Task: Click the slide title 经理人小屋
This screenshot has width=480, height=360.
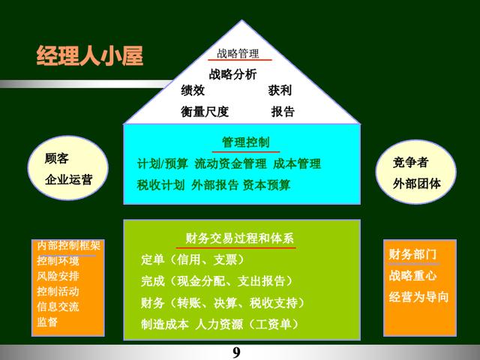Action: point(90,56)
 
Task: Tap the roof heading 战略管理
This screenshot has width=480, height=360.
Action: point(238,53)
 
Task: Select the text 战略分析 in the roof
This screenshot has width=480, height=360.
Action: point(232,74)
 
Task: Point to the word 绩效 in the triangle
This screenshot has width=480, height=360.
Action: point(193,90)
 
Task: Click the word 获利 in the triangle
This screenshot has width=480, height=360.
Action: point(280,90)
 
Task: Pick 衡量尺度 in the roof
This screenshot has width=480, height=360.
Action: point(205,112)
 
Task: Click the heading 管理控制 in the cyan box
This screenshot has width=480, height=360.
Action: point(246,142)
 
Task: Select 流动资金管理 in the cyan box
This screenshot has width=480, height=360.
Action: point(230,163)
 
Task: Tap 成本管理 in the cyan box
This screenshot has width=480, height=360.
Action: point(297,163)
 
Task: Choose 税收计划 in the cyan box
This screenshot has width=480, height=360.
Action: point(161,185)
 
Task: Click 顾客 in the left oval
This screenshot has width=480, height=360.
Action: point(57,158)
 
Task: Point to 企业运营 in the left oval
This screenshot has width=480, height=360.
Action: point(68,180)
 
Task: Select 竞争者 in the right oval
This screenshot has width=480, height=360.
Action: point(410,162)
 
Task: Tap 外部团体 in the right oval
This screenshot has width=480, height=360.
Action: point(417,184)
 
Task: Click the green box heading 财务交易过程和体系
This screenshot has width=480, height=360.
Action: point(239,238)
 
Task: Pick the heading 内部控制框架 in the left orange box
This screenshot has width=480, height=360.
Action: point(68,245)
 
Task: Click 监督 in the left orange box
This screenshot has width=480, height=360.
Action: point(47,322)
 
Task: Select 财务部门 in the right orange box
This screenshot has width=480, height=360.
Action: point(412,254)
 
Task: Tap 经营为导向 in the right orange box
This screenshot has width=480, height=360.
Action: point(418,297)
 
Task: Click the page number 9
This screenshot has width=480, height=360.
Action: point(237,352)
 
